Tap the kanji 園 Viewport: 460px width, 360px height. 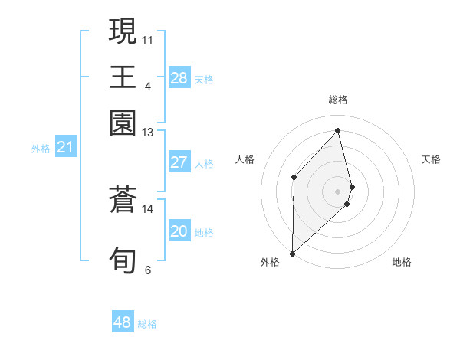tap(123, 123)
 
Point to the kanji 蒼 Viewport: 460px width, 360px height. tap(123, 201)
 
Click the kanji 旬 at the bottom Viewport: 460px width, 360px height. tap(123, 260)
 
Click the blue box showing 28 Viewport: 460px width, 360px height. tap(179, 77)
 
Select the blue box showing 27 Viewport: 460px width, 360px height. tap(179, 162)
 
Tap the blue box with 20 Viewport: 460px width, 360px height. tap(179, 231)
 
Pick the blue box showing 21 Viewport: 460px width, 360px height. tap(65, 147)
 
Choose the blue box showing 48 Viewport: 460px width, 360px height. tap(123, 322)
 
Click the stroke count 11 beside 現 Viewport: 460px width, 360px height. tap(148, 39)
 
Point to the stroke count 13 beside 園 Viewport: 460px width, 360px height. tap(148, 133)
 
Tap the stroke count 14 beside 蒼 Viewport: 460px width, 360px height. tap(148, 208)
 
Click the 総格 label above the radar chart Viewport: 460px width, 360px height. tap(338, 100)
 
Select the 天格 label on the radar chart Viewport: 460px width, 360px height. tap(432, 159)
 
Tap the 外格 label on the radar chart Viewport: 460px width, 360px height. tap(270, 263)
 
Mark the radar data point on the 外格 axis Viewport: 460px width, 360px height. tap(292, 253)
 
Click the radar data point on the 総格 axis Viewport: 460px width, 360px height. tap(338, 131)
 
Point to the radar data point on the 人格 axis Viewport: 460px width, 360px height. tap(294, 177)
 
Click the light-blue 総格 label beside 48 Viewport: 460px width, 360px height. tap(147, 324)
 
